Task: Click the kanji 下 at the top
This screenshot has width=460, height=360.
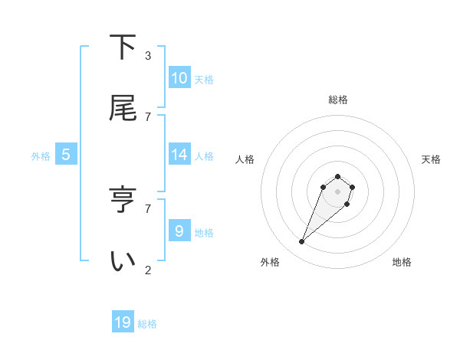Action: (123, 47)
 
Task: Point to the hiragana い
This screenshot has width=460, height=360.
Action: (123, 261)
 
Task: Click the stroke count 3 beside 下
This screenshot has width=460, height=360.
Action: (148, 56)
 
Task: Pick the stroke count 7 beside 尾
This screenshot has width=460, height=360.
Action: (148, 116)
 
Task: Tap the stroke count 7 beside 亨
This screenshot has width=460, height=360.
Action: (148, 208)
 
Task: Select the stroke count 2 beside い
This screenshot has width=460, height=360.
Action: (148, 270)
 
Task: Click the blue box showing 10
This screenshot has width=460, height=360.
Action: (179, 78)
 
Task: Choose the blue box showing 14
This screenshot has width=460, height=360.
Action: (179, 155)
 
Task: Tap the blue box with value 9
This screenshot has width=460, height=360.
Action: (179, 231)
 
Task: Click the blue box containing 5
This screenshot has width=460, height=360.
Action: (66, 155)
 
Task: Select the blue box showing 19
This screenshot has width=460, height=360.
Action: (123, 322)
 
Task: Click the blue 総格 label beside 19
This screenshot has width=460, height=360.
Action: (147, 324)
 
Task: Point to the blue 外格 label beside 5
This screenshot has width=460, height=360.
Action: (41, 156)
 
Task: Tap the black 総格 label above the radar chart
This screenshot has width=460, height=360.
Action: (338, 100)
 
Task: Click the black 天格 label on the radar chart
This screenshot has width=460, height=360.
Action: (431, 159)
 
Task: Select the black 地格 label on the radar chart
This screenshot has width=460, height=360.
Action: (402, 262)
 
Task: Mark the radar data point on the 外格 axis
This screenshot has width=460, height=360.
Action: (302, 242)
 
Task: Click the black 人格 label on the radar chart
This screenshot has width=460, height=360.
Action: (245, 159)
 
